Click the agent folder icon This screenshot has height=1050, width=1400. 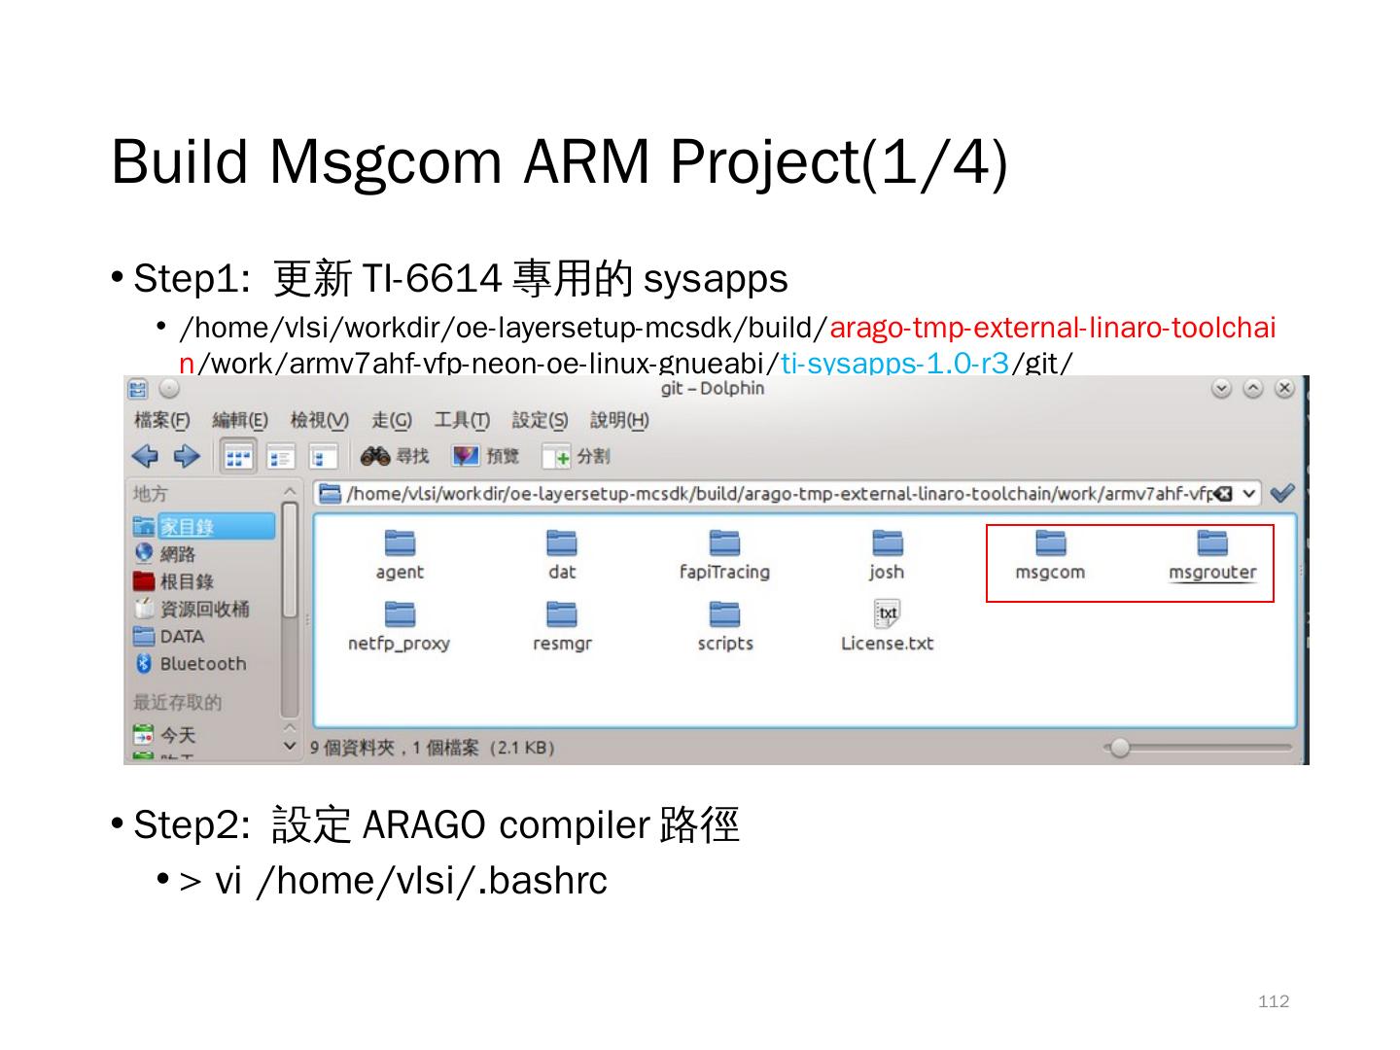[400, 542]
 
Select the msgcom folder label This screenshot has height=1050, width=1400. [1049, 573]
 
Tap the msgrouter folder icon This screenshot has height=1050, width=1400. [1211, 542]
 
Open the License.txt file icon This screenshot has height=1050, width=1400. [887, 613]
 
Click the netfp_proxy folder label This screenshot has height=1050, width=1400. [399, 644]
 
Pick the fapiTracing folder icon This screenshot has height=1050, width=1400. [724, 542]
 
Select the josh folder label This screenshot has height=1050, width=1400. [887, 573]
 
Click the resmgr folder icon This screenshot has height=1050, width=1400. [562, 613]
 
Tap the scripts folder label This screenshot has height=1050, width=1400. [725, 644]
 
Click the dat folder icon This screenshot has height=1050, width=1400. [562, 542]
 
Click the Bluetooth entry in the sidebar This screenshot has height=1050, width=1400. [202, 664]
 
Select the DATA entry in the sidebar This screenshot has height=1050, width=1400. [182, 637]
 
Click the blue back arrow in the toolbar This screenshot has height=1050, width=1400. [145, 456]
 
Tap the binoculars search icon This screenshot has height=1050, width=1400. [375, 456]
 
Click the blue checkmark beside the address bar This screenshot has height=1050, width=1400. [1282, 493]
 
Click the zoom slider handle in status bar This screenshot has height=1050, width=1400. [1120, 748]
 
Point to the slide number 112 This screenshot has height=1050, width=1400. [1273, 1001]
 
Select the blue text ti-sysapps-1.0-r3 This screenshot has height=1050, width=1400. [894, 364]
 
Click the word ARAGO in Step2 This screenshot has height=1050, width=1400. [423, 825]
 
